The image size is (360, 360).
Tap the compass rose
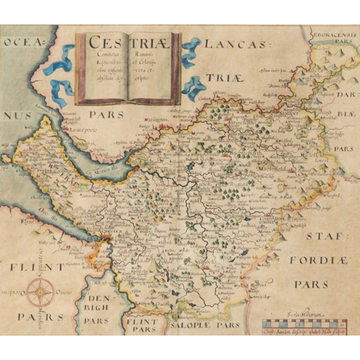click(x=41, y=292)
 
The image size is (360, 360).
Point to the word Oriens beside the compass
click(x=65, y=292)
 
